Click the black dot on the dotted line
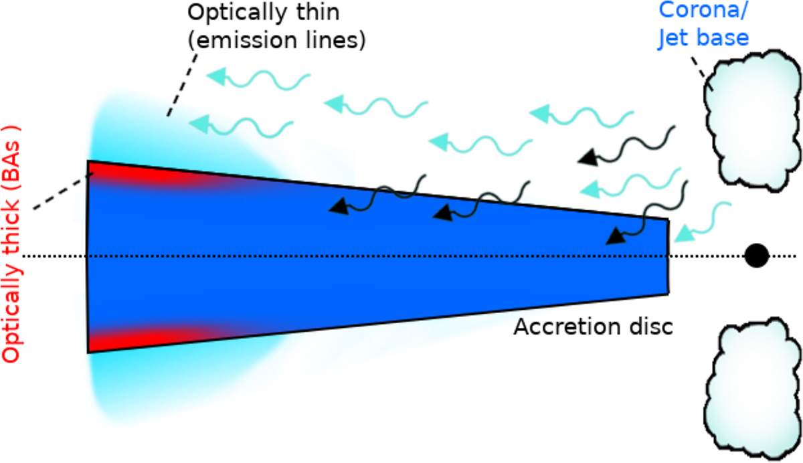pos(756,256)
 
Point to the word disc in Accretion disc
pos(648,327)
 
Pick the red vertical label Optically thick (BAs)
pos(13,245)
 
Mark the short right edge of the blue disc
pos(668,256)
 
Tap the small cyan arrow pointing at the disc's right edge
pos(685,234)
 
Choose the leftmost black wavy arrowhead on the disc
pos(338,207)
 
